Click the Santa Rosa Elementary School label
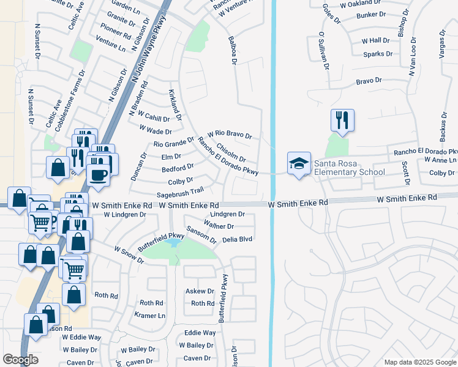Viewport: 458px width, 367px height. coord(350,167)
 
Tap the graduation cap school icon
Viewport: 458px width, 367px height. coord(298,163)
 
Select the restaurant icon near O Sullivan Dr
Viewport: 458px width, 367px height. coord(342,120)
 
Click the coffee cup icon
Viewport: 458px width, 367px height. coord(97,174)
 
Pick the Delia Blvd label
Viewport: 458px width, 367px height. coord(238,240)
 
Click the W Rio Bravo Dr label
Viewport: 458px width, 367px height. coord(230,134)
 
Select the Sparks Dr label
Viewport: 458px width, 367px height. coord(377,54)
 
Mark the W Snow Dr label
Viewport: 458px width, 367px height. coord(129,256)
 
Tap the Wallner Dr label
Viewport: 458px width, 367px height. coord(222,226)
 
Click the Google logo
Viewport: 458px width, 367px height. coord(20,360)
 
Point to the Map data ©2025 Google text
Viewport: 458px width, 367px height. coord(420,362)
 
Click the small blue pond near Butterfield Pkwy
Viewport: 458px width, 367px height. coord(172,243)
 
